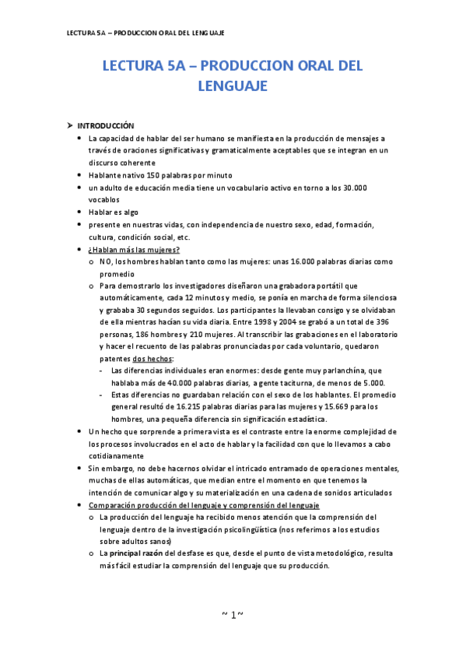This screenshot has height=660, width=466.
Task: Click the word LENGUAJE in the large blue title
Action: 233,86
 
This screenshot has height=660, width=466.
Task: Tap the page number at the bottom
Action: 233,615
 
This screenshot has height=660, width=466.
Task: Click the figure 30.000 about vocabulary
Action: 355,188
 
